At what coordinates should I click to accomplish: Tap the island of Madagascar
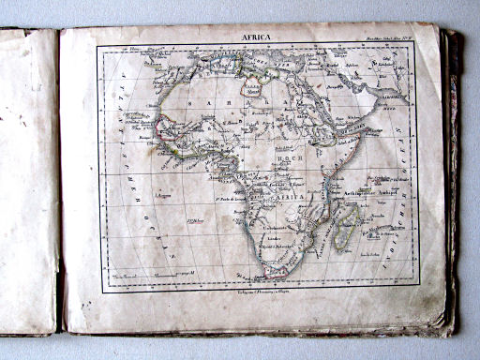pos(347,225)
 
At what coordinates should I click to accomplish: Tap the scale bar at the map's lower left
pos(164,273)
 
